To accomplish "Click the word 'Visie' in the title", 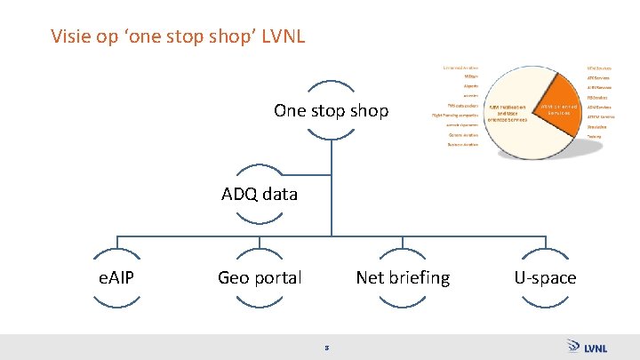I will pos(68,37).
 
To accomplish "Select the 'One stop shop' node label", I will pos(331,111).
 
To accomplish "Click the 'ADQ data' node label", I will pos(260,194).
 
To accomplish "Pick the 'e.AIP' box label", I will pos(116,278).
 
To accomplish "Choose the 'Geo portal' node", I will pos(260,278).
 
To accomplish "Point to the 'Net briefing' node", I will pos(403,278).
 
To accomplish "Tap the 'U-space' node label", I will pos(545,278).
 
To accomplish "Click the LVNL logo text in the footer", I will pos(596,347).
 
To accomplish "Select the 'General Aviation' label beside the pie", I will pos(467,134).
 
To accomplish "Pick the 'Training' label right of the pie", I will pos(594,136).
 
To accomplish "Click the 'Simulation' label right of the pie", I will pos(596,126).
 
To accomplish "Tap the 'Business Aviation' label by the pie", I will pos(463,144).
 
